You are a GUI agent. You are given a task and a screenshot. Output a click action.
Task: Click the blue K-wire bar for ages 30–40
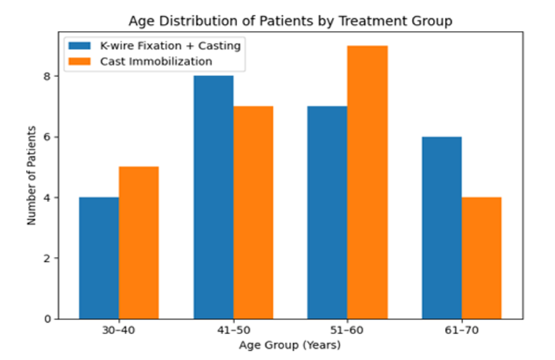[99, 258]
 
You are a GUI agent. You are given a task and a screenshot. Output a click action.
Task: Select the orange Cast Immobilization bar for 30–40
[139, 243]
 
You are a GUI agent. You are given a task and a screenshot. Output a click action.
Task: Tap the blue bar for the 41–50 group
[213, 197]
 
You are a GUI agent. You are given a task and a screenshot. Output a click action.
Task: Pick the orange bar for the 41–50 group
[253, 213]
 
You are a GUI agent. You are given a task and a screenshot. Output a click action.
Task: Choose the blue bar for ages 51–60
[328, 213]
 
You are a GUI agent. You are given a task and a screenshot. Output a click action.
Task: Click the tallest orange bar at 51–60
[368, 182]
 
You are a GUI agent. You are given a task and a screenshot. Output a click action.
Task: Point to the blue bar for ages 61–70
[442, 227]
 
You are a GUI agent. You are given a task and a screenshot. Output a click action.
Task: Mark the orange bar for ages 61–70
[481, 258]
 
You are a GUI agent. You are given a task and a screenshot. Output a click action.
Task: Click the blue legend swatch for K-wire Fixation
[80, 46]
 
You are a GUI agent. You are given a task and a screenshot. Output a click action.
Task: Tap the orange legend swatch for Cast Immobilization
[80, 61]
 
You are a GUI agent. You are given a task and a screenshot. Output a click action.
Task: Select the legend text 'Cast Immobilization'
[156, 61]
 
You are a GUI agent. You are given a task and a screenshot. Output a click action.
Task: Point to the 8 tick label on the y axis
[47, 76]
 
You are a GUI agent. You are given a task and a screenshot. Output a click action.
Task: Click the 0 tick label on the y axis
[47, 319]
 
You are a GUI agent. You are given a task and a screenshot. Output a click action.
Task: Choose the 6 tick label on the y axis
[47, 137]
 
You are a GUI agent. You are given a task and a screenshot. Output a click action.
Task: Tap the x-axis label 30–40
[119, 331]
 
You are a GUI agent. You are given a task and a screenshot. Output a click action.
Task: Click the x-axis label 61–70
[462, 331]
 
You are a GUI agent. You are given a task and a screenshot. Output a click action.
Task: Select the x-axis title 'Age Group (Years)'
[290, 345]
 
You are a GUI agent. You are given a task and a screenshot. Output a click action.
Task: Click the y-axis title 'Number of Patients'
[32, 175]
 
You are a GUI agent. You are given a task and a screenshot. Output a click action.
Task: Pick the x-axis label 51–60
[347, 331]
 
